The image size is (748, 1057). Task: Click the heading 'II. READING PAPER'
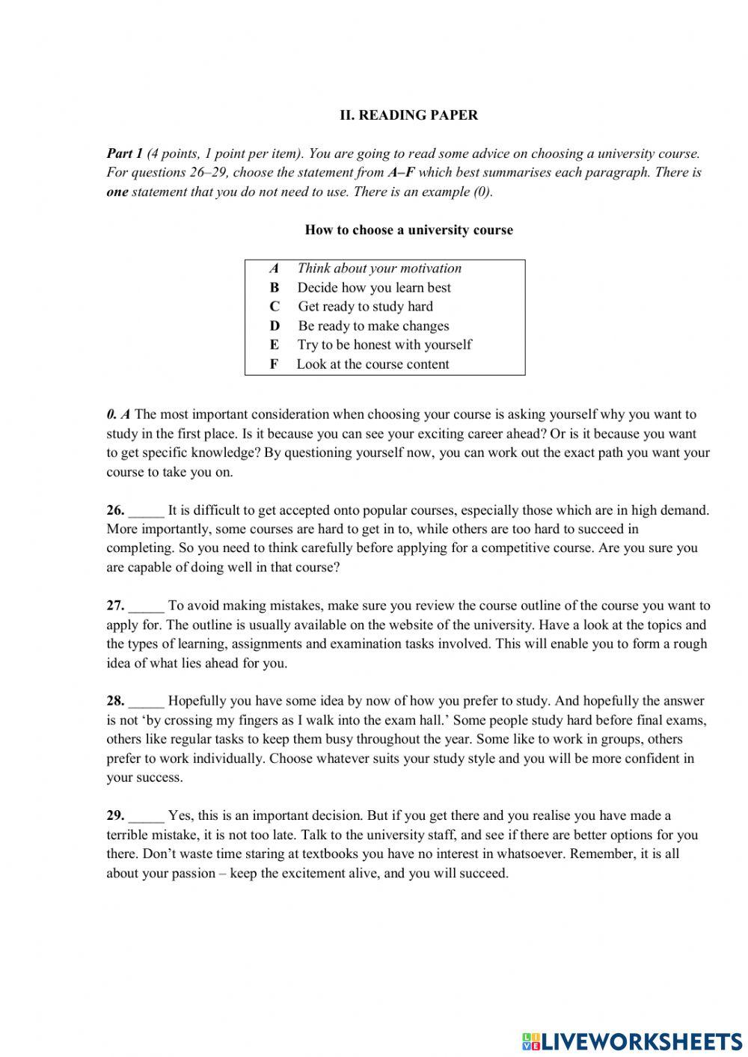(x=408, y=115)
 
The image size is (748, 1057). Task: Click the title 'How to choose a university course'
(x=408, y=230)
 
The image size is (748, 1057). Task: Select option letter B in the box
(x=275, y=287)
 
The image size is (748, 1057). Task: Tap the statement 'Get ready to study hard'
(x=365, y=306)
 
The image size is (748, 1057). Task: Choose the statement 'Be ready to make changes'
(x=373, y=325)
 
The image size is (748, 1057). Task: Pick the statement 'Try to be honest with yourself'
(x=384, y=344)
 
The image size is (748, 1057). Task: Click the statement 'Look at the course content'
(x=373, y=364)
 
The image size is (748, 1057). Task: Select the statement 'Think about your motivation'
(x=379, y=268)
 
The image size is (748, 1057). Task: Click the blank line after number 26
(x=146, y=512)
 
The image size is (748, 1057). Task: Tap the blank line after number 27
(x=146, y=607)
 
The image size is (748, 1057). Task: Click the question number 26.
(x=115, y=510)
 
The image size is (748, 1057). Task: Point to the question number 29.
(x=115, y=815)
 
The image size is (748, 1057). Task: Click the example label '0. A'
(x=118, y=414)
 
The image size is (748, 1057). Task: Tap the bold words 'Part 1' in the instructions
(x=124, y=153)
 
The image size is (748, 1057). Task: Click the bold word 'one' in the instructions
(x=117, y=192)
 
